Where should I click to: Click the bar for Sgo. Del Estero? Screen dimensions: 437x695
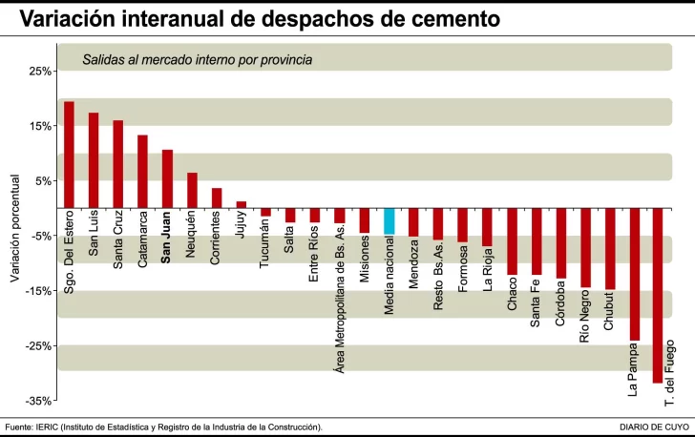pos(69,155)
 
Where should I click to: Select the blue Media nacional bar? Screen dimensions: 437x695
pos(389,221)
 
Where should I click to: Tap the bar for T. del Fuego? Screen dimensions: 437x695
pos(658,296)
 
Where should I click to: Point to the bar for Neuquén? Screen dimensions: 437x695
pos(192,191)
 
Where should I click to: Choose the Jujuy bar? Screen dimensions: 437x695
pos(241,205)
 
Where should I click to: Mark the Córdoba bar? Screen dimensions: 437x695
pos(560,243)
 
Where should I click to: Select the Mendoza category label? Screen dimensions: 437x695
pos(413,263)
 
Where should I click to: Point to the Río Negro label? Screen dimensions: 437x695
pos(585,317)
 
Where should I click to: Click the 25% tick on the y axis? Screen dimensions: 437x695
pos(39,72)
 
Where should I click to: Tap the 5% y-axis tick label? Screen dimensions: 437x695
pos(42,181)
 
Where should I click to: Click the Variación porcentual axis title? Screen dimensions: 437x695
pos(14,228)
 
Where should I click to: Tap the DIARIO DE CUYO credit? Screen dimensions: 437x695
pos(654,427)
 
